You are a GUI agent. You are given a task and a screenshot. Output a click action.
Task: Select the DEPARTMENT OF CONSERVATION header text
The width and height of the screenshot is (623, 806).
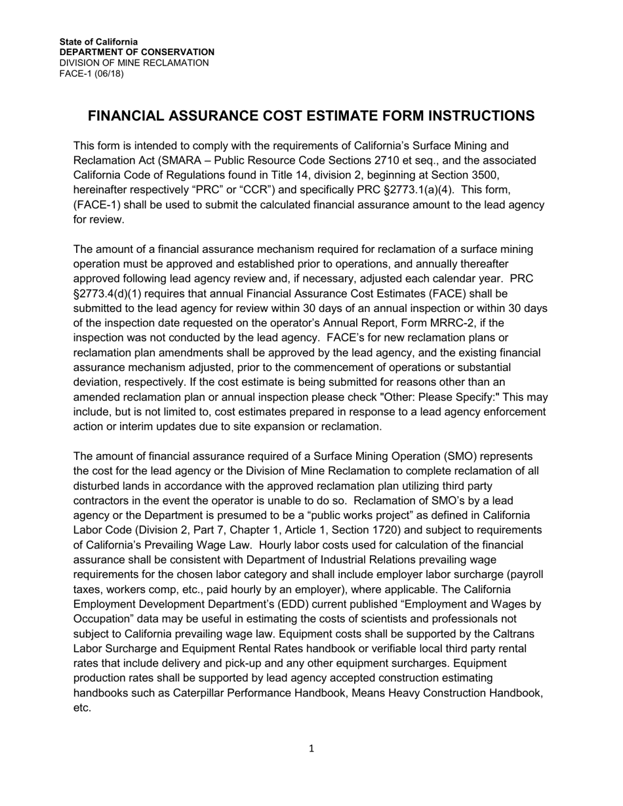[x=136, y=52]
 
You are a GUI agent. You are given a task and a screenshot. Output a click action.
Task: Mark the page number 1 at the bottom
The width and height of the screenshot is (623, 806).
[x=311, y=749]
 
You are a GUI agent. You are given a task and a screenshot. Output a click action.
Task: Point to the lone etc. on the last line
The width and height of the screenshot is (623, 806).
[x=81, y=708]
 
